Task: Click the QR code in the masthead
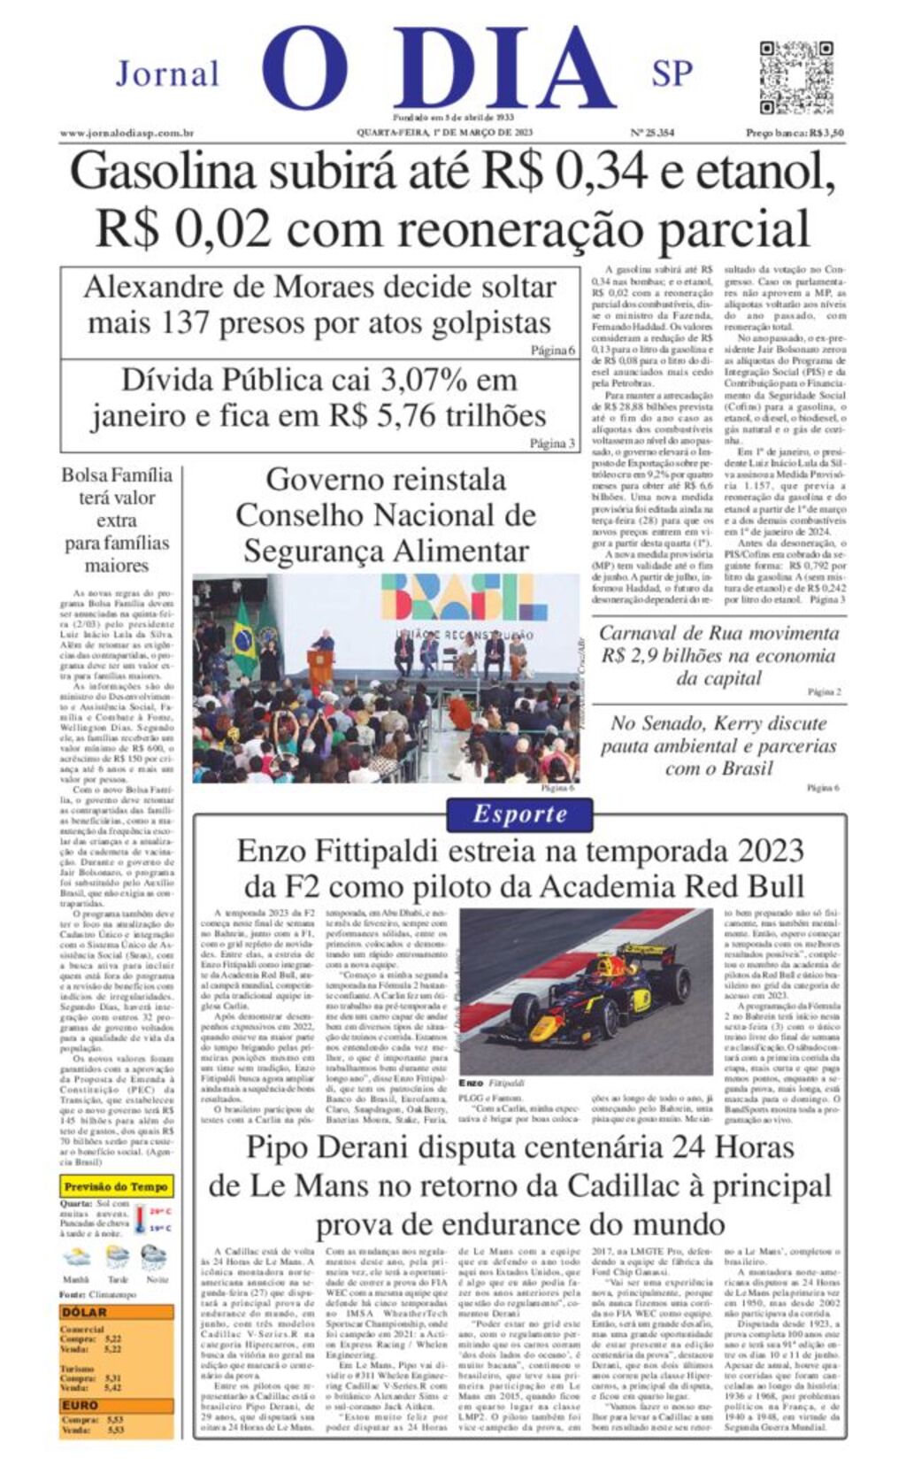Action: (x=795, y=77)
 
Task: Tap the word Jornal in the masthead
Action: (x=167, y=73)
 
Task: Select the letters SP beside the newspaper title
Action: (x=672, y=73)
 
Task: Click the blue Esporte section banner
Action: (x=519, y=814)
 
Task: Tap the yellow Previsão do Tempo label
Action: (x=117, y=1186)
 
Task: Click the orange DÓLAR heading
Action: (x=83, y=1312)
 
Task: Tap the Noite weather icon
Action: (x=156, y=1256)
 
